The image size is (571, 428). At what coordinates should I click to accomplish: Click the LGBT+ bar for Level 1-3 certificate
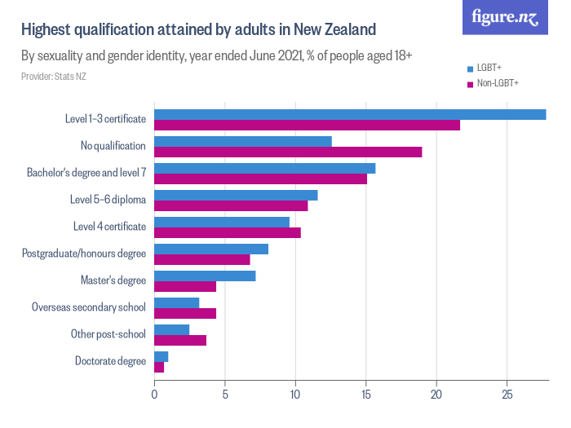(x=350, y=114)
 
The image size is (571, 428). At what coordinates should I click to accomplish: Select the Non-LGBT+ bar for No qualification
(x=288, y=152)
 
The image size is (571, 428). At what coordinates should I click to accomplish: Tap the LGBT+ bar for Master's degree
(x=205, y=276)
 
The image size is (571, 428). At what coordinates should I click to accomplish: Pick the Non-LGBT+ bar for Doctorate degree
(x=159, y=367)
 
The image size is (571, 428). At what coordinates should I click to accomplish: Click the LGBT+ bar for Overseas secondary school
(x=177, y=302)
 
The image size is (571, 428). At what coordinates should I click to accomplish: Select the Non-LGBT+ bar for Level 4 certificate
(x=228, y=232)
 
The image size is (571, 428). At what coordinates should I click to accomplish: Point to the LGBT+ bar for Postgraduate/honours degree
(x=211, y=249)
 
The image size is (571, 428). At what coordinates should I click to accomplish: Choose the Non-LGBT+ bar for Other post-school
(x=180, y=340)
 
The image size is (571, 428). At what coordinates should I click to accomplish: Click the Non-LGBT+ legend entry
(x=493, y=83)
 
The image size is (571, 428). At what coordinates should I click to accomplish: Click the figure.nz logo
(x=505, y=18)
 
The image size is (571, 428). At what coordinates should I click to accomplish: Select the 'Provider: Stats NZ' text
(x=54, y=77)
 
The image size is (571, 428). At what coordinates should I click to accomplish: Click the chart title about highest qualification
(x=198, y=30)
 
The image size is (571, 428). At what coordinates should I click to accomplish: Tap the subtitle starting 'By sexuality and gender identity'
(x=216, y=57)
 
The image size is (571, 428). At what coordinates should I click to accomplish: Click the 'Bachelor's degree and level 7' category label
(x=86, y=173)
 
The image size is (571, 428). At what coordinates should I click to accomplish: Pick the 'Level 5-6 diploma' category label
(x=108, y=200)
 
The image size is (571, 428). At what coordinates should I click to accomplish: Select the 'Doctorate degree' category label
(x=110, y=361)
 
